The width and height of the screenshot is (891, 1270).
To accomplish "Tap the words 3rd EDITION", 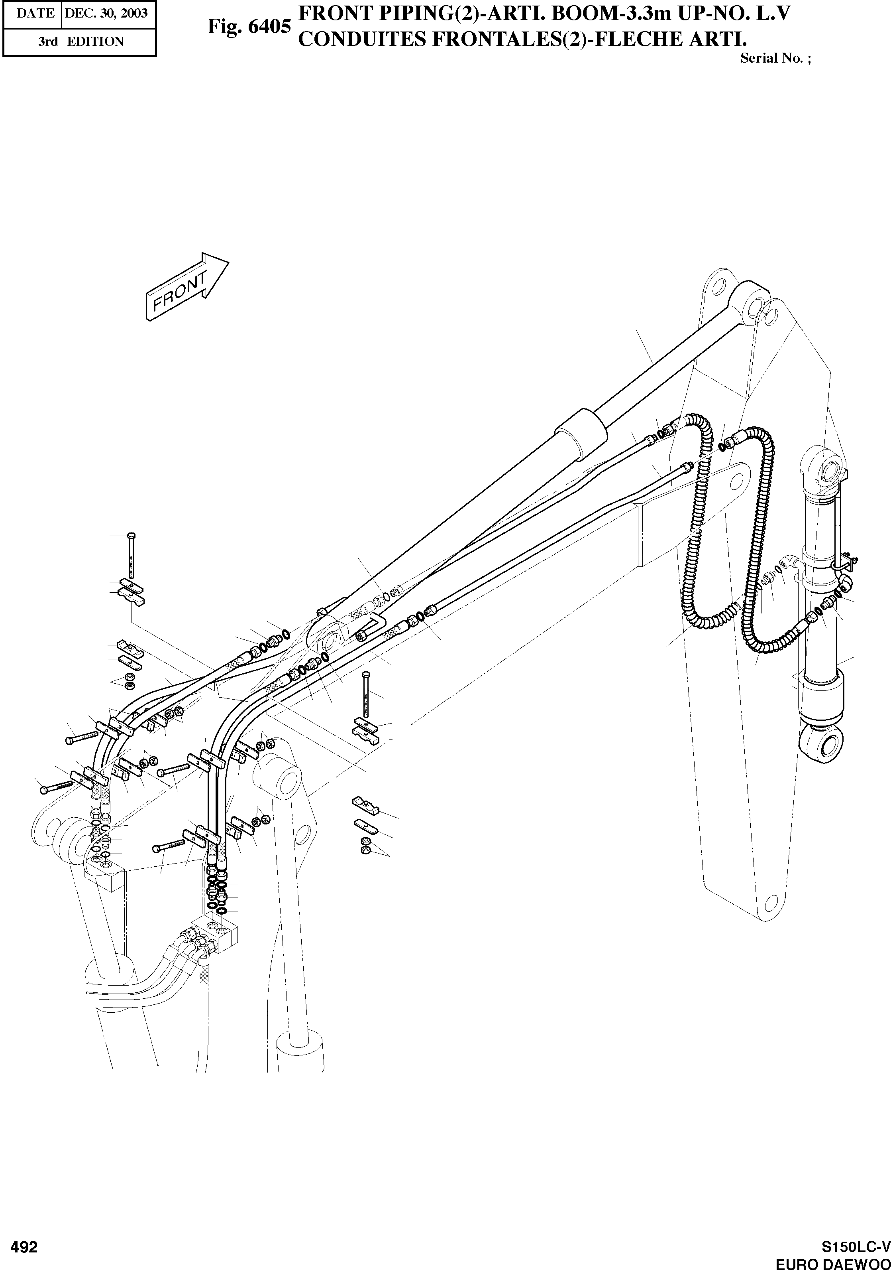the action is (x=81, y=41).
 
